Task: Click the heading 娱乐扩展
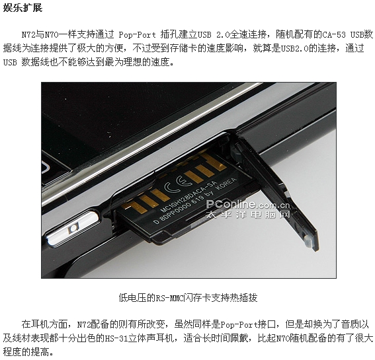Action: pyautogui.click(x=22, y=7)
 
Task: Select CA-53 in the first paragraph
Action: pyautogui.click(x=334, y=35)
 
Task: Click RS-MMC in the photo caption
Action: pyautogui.click(x=169, y=298)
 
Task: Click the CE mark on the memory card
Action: pyautogui.click(x=178, y=184)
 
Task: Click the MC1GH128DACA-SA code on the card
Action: pyautogui.click(x=188, y=197)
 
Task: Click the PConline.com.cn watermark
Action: pyautogui.click(x=248, y=205)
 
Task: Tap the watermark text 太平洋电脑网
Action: pyautogui.click(x=248, y=214)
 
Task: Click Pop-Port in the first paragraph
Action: pyautogui.click(x=138, y=35)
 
